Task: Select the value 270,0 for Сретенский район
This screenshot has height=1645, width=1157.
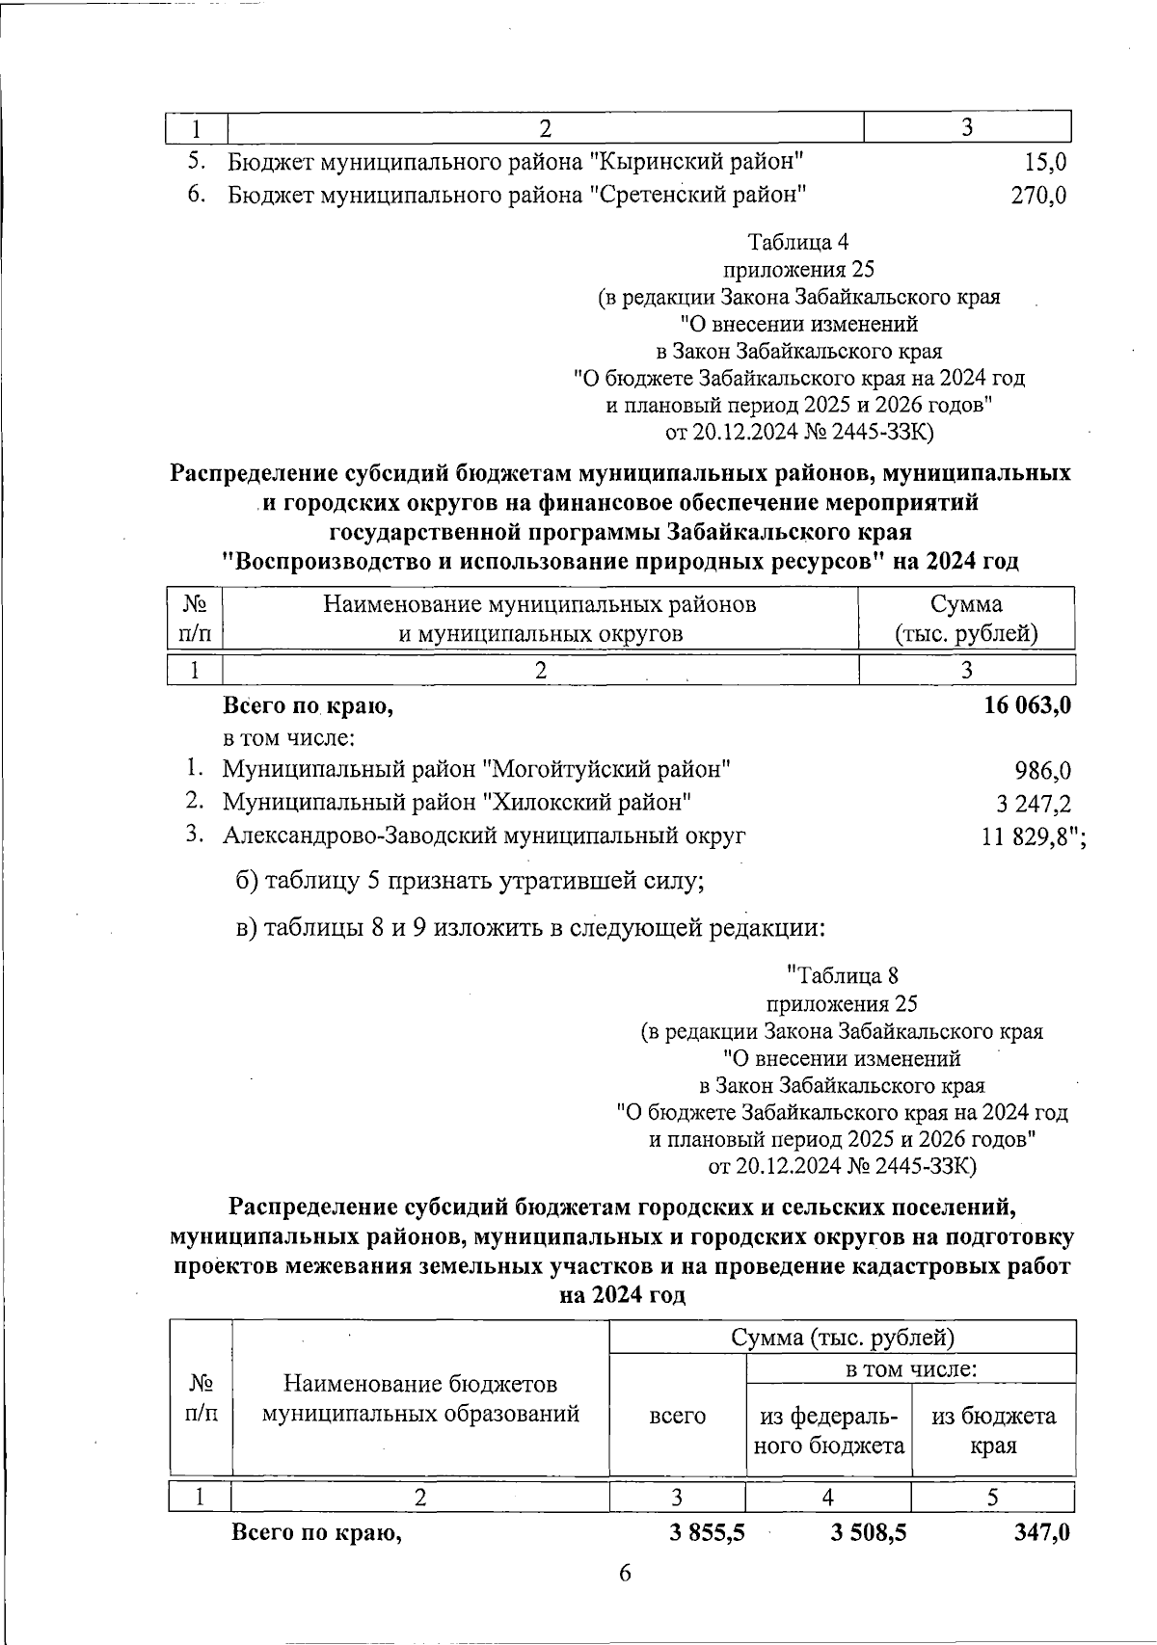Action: (1037, 196)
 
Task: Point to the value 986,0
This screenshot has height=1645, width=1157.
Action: (1042, 771)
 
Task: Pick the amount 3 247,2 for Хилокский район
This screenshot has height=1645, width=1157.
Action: (1033, 804)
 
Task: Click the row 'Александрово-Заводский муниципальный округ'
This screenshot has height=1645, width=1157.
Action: (484, 836)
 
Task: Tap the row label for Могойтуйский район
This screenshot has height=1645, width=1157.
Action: (476, 770)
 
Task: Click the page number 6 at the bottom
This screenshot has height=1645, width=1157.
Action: (625, 1574)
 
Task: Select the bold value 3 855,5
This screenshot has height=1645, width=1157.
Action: (707, 1533)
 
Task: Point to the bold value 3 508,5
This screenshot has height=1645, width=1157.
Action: (868, 1533)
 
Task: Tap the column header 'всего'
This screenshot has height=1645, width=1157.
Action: (677, 1416)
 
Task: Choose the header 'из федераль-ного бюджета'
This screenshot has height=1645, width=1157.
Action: (829, 1430)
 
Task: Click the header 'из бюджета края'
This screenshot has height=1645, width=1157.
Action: (993, 1430)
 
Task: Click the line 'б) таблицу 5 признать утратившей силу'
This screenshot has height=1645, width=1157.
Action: (470, 882)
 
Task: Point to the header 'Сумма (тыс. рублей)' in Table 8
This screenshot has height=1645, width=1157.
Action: (843, 1338)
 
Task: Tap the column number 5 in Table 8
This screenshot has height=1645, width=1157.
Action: (992, 1497)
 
